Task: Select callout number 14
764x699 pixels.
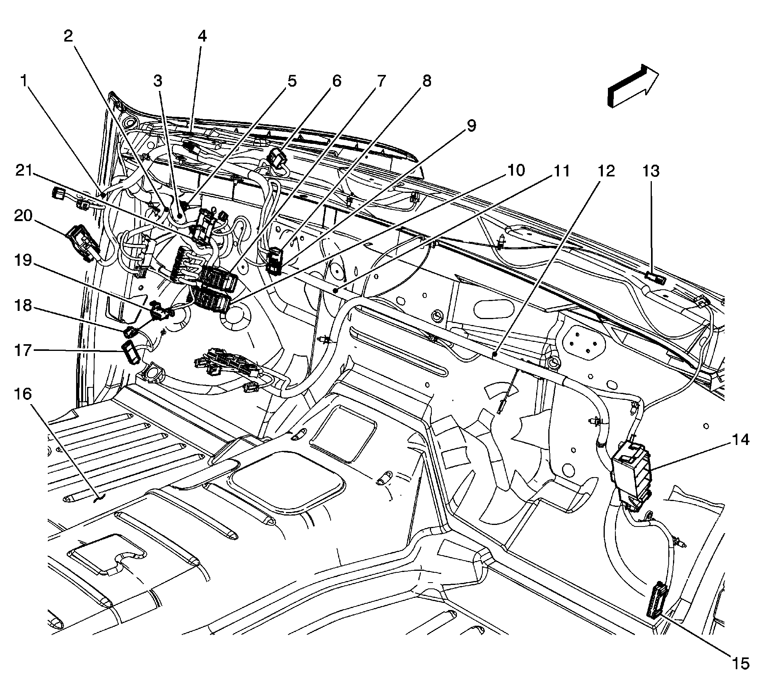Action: (x=739, y=440)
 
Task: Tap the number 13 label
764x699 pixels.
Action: (x=651, y=171)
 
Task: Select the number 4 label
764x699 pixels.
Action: (x=202, y=36)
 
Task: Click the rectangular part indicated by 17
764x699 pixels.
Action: (x=131, y=352)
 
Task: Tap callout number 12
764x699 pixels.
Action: (x=606, y=171)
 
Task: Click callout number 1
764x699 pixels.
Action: (x=24, y=81)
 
